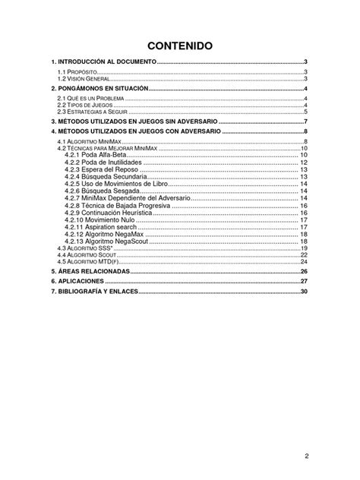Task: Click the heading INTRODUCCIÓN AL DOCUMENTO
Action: pos(92,62)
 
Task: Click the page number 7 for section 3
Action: pos(305,122)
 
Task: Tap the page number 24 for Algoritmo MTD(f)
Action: pos(303,261)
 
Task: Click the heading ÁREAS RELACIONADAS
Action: pos(90,271)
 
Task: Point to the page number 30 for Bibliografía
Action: pos(303,292)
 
